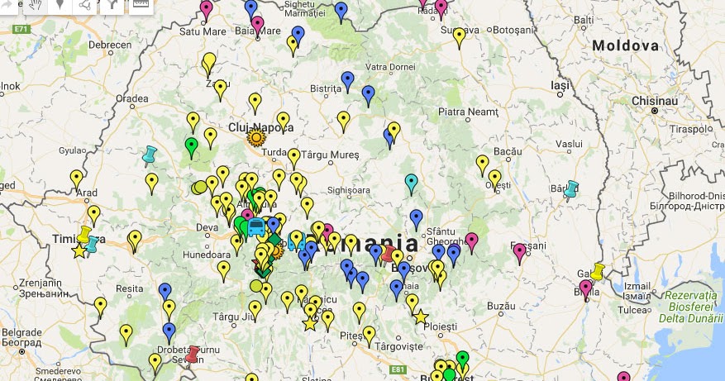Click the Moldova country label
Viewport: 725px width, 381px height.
[625, 45]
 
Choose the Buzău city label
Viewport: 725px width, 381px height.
[501, 306]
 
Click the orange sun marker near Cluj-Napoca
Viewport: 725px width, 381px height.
[255, 136]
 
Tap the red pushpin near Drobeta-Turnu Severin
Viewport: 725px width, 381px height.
[193, 354]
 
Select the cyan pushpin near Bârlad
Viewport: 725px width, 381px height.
[570, 189]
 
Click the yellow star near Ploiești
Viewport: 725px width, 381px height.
[420, 317]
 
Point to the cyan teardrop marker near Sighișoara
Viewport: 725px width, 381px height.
[411, 183]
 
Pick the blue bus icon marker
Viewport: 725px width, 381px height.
[256, 226]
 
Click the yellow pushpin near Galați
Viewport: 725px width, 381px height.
[598, 269]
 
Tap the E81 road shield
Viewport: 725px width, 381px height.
[398, 369]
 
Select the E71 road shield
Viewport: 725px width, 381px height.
[21, 29]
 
